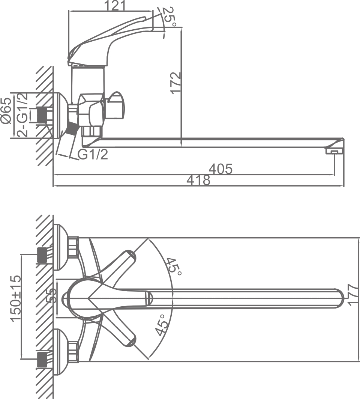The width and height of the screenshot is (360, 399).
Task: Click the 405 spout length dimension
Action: coord(220,169)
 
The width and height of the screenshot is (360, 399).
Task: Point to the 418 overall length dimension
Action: coord(198,181)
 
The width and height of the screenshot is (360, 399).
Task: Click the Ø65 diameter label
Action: coord(6,111)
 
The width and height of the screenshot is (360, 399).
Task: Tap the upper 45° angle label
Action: coord(174,267)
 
